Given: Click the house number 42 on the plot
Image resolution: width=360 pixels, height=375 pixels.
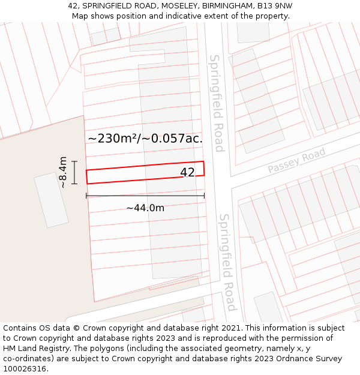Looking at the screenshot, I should (187, 172).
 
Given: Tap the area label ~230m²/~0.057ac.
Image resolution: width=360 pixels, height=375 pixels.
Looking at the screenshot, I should (145, 139).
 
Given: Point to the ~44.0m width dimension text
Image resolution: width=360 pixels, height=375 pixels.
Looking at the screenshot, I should (145, 208).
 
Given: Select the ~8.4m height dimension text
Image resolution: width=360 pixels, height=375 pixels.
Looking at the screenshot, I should (63, 172).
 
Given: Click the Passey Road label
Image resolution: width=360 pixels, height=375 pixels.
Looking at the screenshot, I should (296, 161).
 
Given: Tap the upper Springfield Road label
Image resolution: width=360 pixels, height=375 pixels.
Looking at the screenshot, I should (217, 103).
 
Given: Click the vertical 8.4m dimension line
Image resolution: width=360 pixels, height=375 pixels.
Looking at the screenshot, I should (74, 172).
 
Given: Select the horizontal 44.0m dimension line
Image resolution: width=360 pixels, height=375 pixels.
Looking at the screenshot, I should (145, 196).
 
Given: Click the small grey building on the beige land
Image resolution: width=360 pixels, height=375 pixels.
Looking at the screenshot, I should (51, 200).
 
